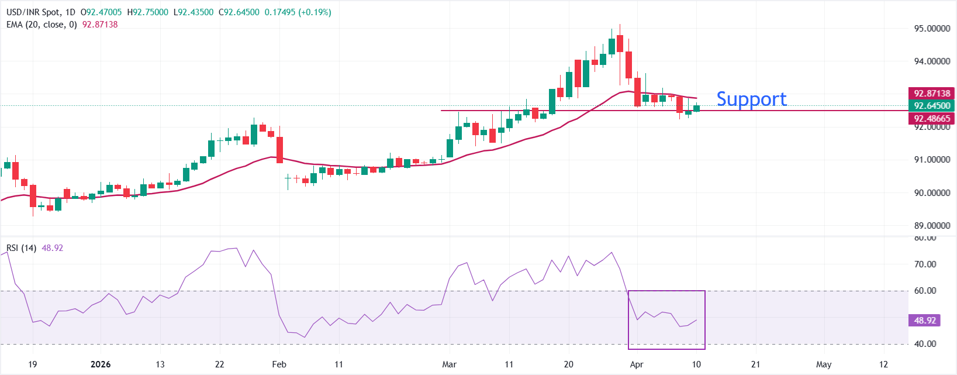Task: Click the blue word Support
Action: pos(751,99)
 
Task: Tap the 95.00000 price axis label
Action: pos(932,28)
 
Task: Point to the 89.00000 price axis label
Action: pos(932,225)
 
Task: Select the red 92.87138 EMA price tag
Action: pos(932,94)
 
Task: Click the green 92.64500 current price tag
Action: pos(932,106)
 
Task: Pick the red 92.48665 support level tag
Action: pos(932,118)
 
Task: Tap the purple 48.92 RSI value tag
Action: pos(925,321)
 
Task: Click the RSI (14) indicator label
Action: pos(21,248)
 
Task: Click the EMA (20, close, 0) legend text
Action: pos(42,25)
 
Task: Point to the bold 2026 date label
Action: pos(101,364)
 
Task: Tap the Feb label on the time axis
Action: pos(279,364)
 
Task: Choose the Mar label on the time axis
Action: pos(449,364)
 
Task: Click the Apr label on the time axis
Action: pos(637,364)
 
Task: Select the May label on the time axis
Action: pos(824,364)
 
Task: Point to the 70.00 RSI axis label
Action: pos(925,264)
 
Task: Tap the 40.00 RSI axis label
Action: pos(925,344)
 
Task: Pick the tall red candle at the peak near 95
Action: pos(620,44)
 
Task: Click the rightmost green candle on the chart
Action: pos(696,108)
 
